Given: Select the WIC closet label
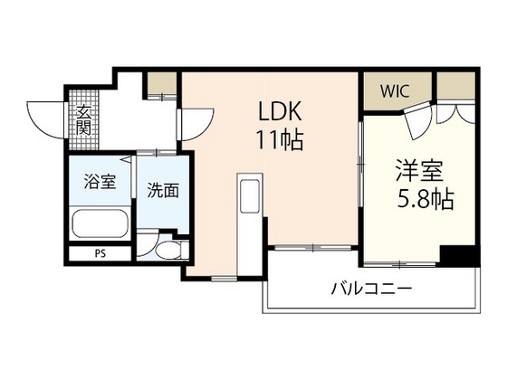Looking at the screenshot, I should click(x=394, y=91).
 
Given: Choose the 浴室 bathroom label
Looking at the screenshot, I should click(x=100, y=181).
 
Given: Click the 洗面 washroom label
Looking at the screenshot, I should click(x=163, y=190).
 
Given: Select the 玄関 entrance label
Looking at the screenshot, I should click(x=82, y=121).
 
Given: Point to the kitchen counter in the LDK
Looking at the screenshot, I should click(x=249, y=209).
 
